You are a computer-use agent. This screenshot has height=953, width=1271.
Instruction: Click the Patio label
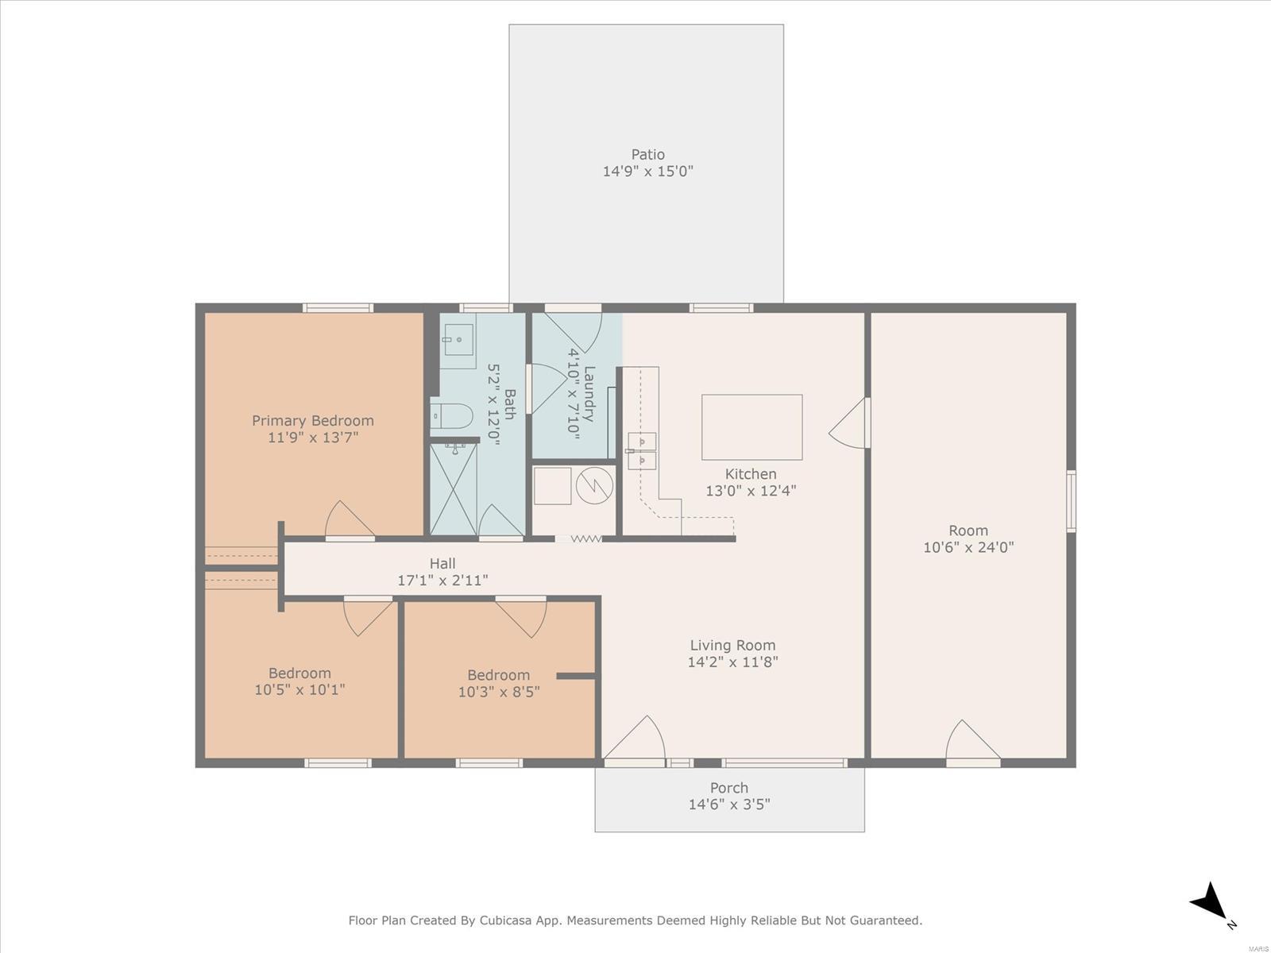point(647,155)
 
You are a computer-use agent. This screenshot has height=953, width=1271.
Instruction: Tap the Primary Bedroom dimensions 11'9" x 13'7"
point(313,438)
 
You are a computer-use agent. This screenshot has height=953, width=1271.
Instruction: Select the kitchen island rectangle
point(751,427)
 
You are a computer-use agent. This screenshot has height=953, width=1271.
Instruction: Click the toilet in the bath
point(452,415)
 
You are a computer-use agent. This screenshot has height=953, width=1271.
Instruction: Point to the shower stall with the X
point(454,489)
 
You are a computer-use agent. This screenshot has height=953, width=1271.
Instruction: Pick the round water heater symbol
point(594,485)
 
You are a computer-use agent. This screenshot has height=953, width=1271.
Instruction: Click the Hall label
point(442,563)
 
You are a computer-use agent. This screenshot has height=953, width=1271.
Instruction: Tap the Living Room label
point(732,645)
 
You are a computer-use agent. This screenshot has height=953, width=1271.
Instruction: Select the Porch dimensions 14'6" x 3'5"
point(729,804)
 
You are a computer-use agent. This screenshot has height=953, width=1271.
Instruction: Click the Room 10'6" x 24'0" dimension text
point(968,547)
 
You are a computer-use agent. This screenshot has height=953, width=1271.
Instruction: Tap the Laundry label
point(589,393)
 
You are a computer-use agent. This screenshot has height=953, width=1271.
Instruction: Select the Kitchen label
point(751,474)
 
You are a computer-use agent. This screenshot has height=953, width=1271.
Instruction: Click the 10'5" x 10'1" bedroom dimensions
point(299,689)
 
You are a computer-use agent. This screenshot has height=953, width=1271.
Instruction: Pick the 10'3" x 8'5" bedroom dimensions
point(499,692)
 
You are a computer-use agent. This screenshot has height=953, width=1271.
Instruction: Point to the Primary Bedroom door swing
point(349,519)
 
